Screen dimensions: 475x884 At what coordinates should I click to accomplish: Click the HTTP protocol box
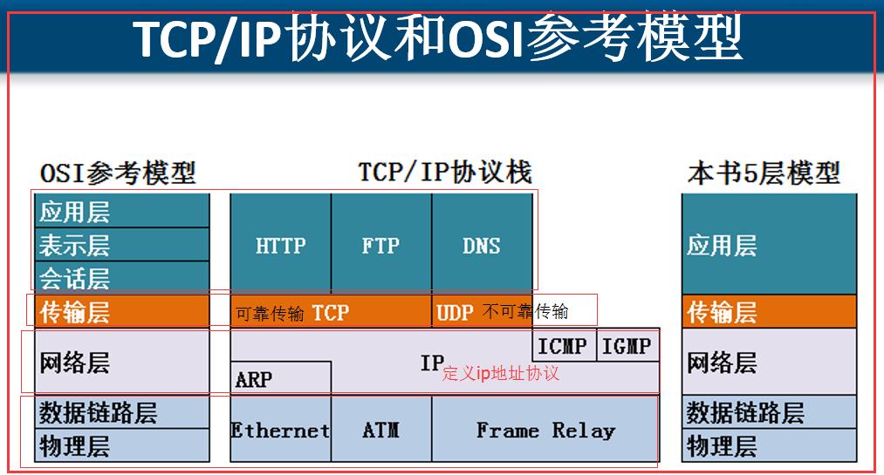point(281,246)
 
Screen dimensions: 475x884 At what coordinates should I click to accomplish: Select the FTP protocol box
point(380,246)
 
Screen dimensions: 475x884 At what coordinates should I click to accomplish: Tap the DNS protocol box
point(482,246)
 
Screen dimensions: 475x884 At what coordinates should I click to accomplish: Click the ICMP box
point(563,346)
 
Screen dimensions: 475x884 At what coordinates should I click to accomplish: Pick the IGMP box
point(627,346)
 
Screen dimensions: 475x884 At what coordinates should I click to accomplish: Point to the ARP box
point(255,379)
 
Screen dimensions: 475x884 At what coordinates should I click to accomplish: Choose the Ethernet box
point(280,431)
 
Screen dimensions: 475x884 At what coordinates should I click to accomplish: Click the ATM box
point(380,431)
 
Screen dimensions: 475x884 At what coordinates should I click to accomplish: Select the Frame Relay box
point(545,431)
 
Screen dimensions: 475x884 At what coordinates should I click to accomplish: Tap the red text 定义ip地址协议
point(500,374)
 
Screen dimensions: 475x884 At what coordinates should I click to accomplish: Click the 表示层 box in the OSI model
point(122,245)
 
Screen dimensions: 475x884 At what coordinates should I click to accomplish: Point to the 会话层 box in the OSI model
point(122,278)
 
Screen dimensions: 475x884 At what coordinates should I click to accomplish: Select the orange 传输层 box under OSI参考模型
point(122,311)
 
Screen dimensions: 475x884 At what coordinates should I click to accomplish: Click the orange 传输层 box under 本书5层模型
point(769,311)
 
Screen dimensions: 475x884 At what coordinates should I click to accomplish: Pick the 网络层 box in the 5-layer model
point(769,362)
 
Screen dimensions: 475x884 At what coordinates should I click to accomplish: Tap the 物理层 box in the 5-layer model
point(769,446)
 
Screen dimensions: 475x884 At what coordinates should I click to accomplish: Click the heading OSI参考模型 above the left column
point(118,173)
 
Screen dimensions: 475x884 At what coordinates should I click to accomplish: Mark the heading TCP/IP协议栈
point(445,172)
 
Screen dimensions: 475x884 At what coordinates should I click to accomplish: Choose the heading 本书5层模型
point(764,173)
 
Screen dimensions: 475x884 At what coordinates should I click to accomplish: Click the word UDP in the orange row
point(455,312)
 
